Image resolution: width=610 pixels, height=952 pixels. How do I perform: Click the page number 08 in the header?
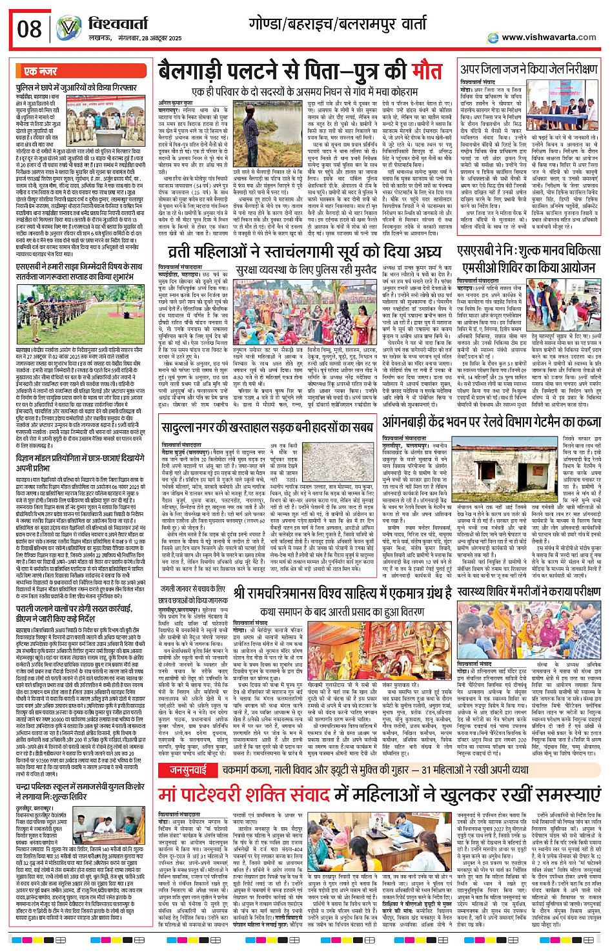29,29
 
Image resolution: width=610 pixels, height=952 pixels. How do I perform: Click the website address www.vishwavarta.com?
548,37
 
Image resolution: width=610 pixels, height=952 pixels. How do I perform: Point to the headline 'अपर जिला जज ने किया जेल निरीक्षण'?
529,69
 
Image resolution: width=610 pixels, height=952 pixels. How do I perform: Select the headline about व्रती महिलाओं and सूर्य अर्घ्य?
305,253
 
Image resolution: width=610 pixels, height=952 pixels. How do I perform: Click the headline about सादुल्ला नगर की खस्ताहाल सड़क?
267,426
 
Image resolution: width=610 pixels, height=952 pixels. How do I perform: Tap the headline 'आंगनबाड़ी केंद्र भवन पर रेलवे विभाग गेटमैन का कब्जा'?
491,422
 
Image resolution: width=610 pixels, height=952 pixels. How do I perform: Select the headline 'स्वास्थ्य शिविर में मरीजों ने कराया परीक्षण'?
529,592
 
